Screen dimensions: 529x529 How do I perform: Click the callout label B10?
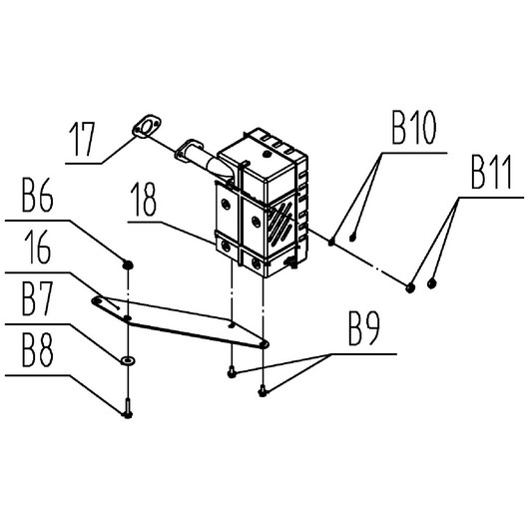413,128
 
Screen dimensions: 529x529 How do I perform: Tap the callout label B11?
492,172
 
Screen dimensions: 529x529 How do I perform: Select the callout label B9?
363,328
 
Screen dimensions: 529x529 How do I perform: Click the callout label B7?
37,298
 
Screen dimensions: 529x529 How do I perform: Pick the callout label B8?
37,350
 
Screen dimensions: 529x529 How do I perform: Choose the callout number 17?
82,139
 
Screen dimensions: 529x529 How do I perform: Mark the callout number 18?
145,199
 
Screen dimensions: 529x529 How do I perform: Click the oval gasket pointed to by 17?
147,127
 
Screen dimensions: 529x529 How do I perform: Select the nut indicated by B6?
128,264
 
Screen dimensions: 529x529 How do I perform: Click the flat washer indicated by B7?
128,360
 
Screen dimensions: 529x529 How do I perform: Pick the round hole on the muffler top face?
267,154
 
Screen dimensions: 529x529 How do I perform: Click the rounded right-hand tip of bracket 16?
265,343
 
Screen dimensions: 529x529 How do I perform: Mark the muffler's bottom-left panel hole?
227,247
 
